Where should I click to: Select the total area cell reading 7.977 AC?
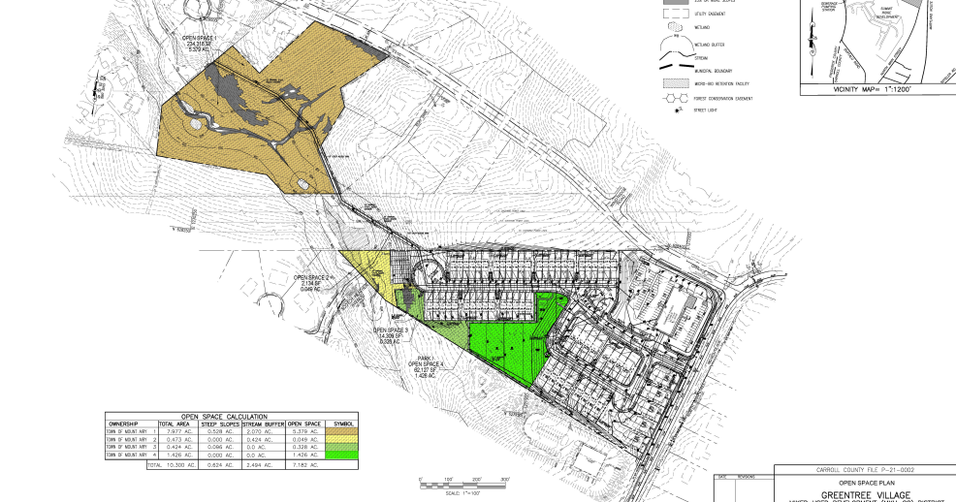click(174, 431)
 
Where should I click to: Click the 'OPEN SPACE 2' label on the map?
click(314, 282)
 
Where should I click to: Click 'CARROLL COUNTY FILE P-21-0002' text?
click(864, 470)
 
